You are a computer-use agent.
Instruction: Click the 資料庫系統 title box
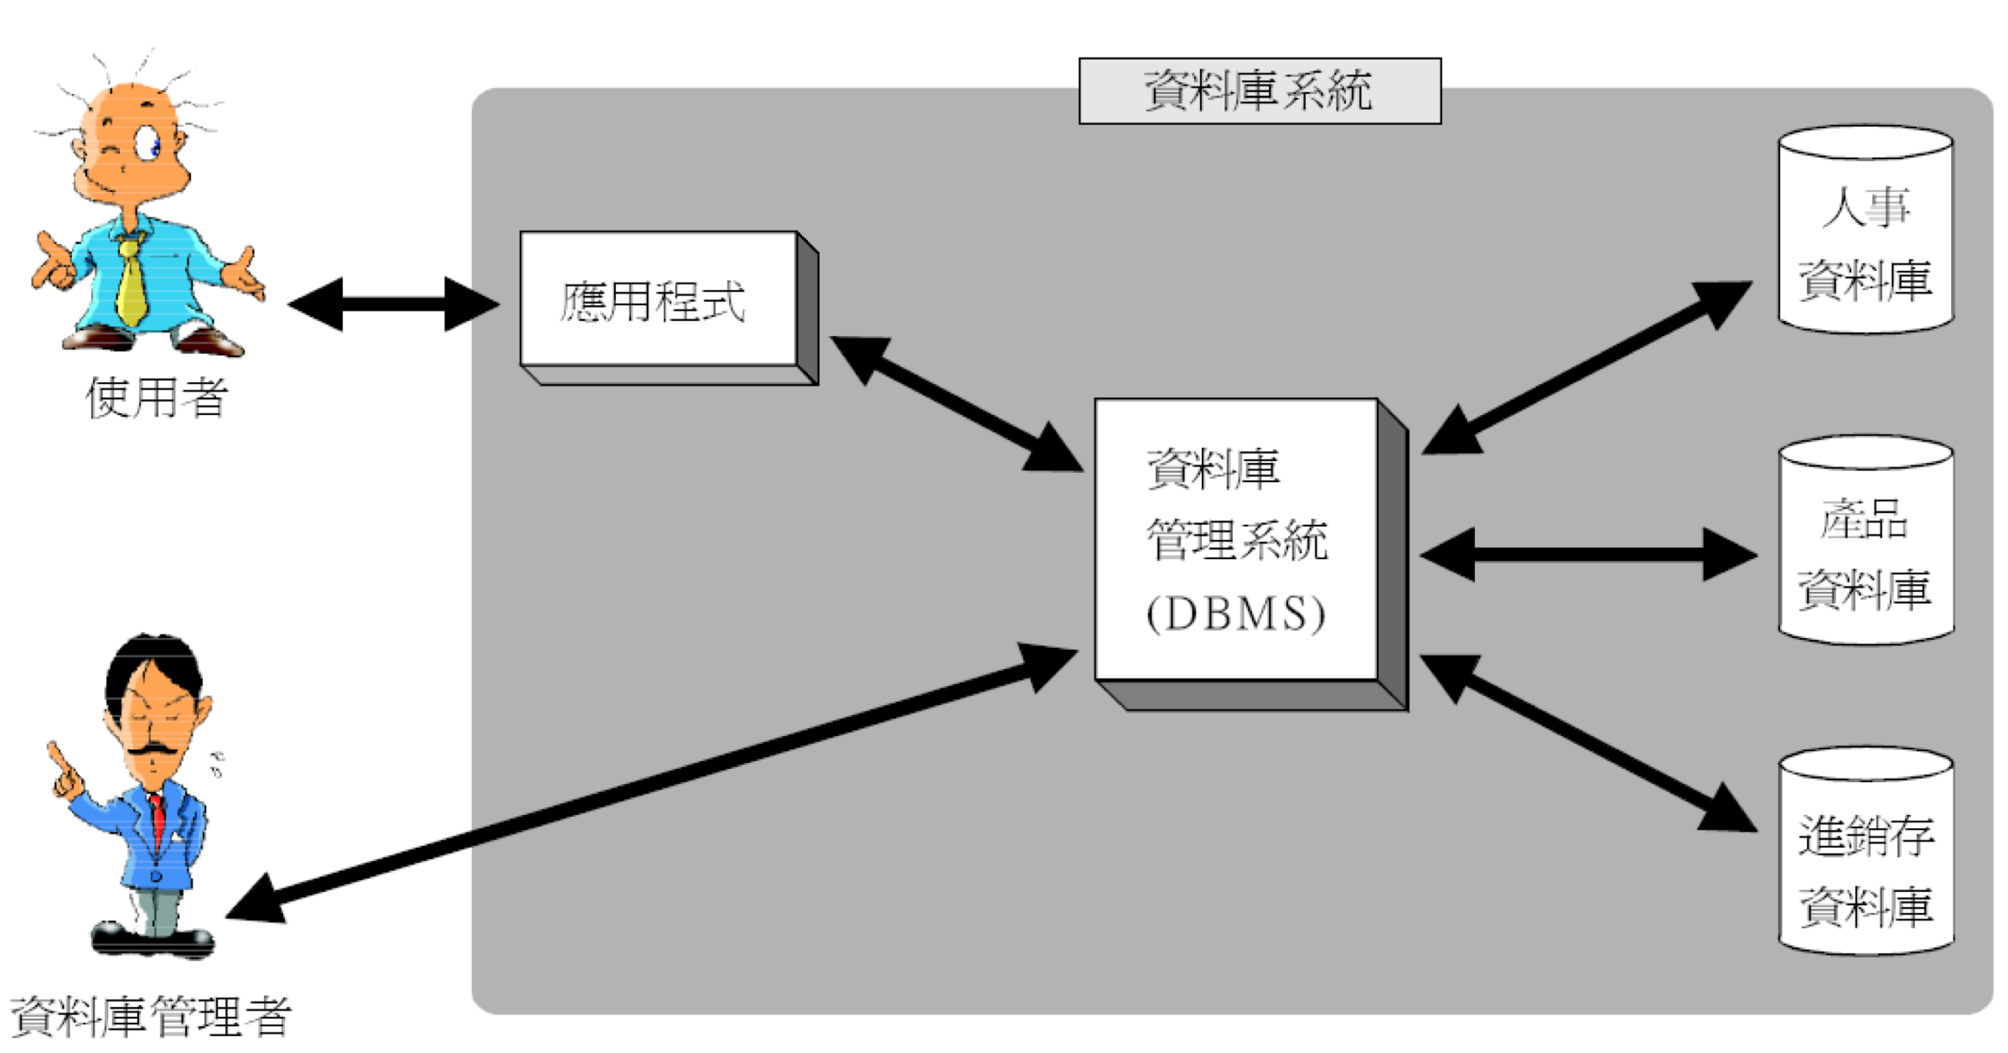[1259, 91]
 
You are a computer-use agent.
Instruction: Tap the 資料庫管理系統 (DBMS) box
[1236, 540]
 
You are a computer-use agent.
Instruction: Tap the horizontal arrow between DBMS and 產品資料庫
[1588, 554]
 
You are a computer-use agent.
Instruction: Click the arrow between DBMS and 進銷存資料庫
[1588, 743]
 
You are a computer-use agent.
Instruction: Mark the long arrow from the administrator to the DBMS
[654, 783]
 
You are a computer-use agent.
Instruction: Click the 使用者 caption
[157, 397]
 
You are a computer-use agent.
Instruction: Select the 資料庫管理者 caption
[151, 1017]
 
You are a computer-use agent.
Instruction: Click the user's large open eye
[149, 143]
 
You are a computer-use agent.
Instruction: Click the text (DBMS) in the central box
[1235, 614]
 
